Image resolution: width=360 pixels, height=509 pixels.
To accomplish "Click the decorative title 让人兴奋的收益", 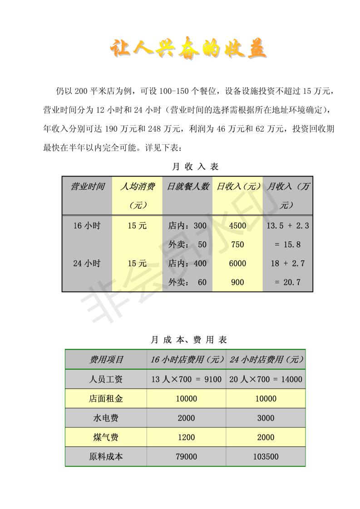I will pyautogui.click(x=188, y=49).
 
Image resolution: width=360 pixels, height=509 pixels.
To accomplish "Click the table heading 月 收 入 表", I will pyautogui.click(x=195, y=166).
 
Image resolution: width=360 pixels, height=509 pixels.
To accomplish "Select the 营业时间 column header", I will pyautogui.click(x=87, y=186).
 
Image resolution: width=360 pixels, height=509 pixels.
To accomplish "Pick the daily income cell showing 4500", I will pyautogui.click(x=237, y=225).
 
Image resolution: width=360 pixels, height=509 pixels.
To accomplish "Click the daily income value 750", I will pyautogui.click(x=237, y=245).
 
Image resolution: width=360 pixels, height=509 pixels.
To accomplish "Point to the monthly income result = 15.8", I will pyautogui.click(x=287, y=245).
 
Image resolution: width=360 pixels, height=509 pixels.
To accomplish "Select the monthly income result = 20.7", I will pyautogui.click(x=287, y=282).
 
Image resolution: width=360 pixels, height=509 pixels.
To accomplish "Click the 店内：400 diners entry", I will pyautogui.click(x=187, y=263).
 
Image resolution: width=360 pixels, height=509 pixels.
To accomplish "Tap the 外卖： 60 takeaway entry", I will pyautogui.click(x=187, y=282).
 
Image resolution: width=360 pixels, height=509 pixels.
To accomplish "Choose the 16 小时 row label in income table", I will pyautogui.click(x=87, y=225).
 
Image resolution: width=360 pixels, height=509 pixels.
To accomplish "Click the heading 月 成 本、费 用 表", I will pyautogui.click(x=188, y=339).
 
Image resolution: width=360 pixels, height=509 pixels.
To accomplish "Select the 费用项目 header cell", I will pyautogui.click(x=106, y=360).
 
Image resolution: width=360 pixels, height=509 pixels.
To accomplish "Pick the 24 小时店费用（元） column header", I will pyautogui.click(x=266, y=360).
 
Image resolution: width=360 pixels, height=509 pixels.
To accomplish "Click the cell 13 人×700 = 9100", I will pyautogui.click(x=186, y=379).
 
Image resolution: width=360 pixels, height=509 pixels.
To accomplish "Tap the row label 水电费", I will pyautogui.click(x=106, y=418).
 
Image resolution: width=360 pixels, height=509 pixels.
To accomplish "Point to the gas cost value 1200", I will pyautogui.click(x=186, y=437).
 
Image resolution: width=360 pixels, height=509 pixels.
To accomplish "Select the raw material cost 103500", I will pyautogui.click(x=266, y=457).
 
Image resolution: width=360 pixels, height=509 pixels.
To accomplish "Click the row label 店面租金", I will pyautogui.click(x=106, y=399).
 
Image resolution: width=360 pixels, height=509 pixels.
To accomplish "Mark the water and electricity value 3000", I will pyautogui.click(x=266, y=418).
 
